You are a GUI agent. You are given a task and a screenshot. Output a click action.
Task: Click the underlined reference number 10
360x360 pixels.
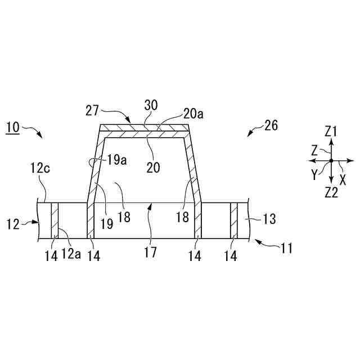[12, 128]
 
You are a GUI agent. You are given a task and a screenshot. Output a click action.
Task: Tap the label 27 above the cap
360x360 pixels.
[93, 111]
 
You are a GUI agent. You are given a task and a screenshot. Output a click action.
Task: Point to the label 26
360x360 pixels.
[271, 126]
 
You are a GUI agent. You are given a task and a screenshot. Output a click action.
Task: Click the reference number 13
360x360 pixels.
[269, 219]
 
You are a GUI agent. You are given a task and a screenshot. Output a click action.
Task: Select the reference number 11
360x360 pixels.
[287, 247]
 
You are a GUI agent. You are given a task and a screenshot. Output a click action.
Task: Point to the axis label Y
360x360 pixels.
[315, 175]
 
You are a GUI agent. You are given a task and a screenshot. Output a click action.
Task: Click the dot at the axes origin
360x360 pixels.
[331, 161]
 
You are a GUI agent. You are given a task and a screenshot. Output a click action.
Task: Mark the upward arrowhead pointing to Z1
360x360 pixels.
[331, 143]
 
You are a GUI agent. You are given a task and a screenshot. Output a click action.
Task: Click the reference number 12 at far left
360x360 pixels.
[13, 224]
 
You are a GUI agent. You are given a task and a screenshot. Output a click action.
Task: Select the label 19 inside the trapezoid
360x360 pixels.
[107, 223]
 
